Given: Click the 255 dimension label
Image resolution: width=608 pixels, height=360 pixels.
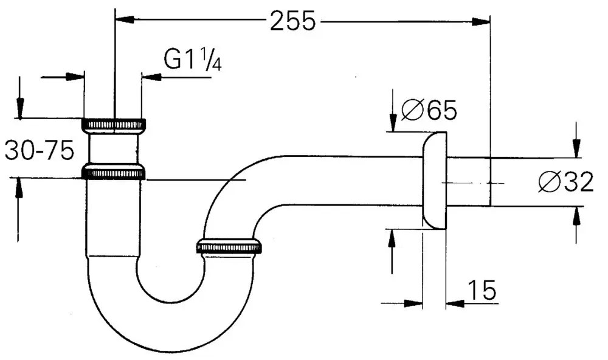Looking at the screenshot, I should point(294,21).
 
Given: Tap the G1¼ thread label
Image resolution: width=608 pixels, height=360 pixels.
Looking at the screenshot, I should point(192,61).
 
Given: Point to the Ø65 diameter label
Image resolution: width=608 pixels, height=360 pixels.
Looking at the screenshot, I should point(429,111).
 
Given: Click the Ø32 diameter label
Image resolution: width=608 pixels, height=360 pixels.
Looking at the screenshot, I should point(565,182).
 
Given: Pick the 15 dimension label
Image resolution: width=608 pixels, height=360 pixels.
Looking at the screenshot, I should point(482,291).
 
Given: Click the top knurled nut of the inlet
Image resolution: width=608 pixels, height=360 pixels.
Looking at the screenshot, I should point(114,125).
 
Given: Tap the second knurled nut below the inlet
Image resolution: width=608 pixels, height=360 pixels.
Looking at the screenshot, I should point(114,172).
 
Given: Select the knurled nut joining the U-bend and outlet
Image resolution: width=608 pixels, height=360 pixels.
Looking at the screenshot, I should point(229,246).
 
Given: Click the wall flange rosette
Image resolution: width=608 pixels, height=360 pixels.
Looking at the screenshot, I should point(434,181).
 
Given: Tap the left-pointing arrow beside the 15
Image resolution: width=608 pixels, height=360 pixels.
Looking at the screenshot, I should point(455,302).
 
